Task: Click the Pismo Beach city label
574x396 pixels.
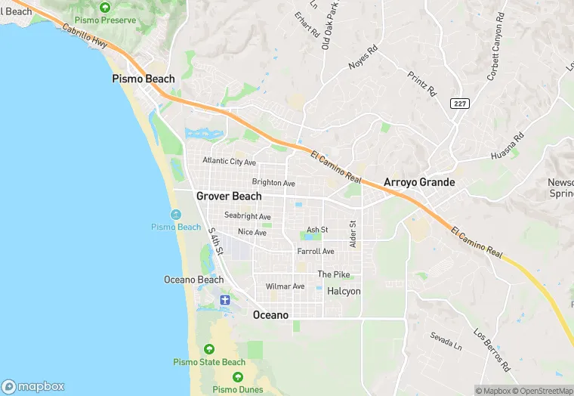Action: [x=143, y=79]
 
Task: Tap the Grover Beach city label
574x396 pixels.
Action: [x=229, y=196]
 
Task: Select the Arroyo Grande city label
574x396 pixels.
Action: [x=419, y=182]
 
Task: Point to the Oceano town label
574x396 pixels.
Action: [x=270, y=314]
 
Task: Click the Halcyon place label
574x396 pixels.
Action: [x=344, y=291]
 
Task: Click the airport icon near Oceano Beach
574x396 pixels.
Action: [x=224, y=300]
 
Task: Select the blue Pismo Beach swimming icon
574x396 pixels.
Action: [x=176, y=215]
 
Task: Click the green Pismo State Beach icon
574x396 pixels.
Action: [x=209, y=349]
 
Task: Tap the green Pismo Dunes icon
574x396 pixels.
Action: [x=238, y=376]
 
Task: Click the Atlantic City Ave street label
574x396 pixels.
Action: [x=230, y=162]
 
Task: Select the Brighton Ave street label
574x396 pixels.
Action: [x=273, y=183]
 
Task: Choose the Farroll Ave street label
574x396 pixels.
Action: [x=316, y=251]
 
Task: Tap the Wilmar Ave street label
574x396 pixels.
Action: [x=285, y=286]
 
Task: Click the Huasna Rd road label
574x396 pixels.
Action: [x=508, y=147]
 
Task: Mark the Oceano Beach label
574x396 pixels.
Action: [x=194, y=280]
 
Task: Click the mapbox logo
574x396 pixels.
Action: [x=34, y=386]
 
